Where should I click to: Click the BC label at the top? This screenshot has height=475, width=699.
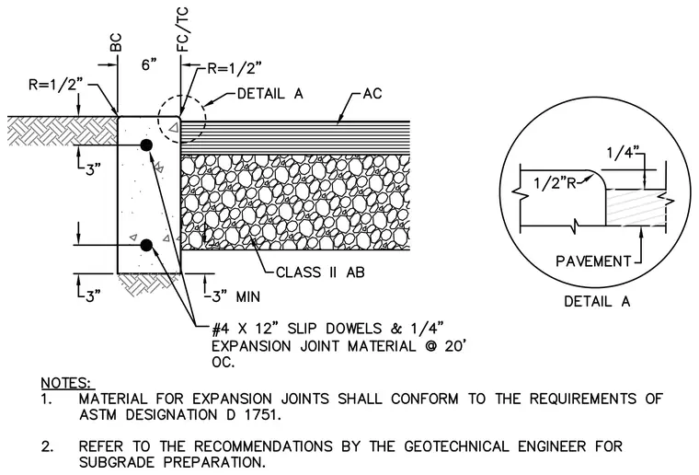pyautogui.click(x=116, y=43)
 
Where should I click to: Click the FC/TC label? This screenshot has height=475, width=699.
pyautogui.click(x=183, y=29)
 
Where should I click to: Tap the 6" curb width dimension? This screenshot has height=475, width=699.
pyautogui.click(x=149, y=65)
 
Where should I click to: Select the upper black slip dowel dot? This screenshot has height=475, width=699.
pyautogui.click(x=146, y=145)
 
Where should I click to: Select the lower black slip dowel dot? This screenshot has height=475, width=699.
pyautogui.click(x=146, y=245)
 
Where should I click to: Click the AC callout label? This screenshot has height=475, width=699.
pyautogui.click(x=372, y=94)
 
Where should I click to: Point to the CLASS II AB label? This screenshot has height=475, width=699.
pyautogui.click(x=320, y=272)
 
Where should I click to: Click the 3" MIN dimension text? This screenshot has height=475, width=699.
pyautogui.click(x=235, y=296)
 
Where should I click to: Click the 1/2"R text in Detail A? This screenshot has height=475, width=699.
pyautogui.click(x=556, y=183)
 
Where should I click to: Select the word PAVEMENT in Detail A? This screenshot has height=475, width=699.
pyautogui.click(x=593, y=261)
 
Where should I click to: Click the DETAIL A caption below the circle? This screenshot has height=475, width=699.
pyautogui.click(x=597, y=302)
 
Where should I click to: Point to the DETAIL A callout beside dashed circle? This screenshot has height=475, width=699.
pyautogui.click(x=269, y=94)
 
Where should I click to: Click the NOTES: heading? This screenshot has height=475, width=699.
pyautogui.click(x=68, y=383)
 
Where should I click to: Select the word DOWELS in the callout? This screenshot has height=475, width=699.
pyautogui.click(x=353, y=329)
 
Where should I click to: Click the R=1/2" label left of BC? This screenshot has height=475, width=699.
pyautogui.click(x=56, y=85)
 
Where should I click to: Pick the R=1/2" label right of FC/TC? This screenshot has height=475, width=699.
pyautogui.click(x=235, y=68)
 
